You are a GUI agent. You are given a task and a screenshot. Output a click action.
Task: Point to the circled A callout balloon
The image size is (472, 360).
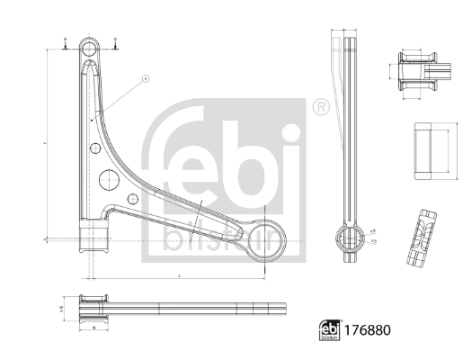click(x=145, y=79)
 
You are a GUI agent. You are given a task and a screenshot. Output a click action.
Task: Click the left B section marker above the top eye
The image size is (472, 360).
click(x=66, y=40)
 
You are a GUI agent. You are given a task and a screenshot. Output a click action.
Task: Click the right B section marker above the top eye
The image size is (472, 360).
click(x=115, y=40)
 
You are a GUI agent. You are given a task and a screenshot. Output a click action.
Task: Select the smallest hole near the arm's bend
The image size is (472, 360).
click(x=132, y=198)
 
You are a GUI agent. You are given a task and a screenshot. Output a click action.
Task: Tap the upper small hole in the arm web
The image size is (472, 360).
click(x=93, y=146)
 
